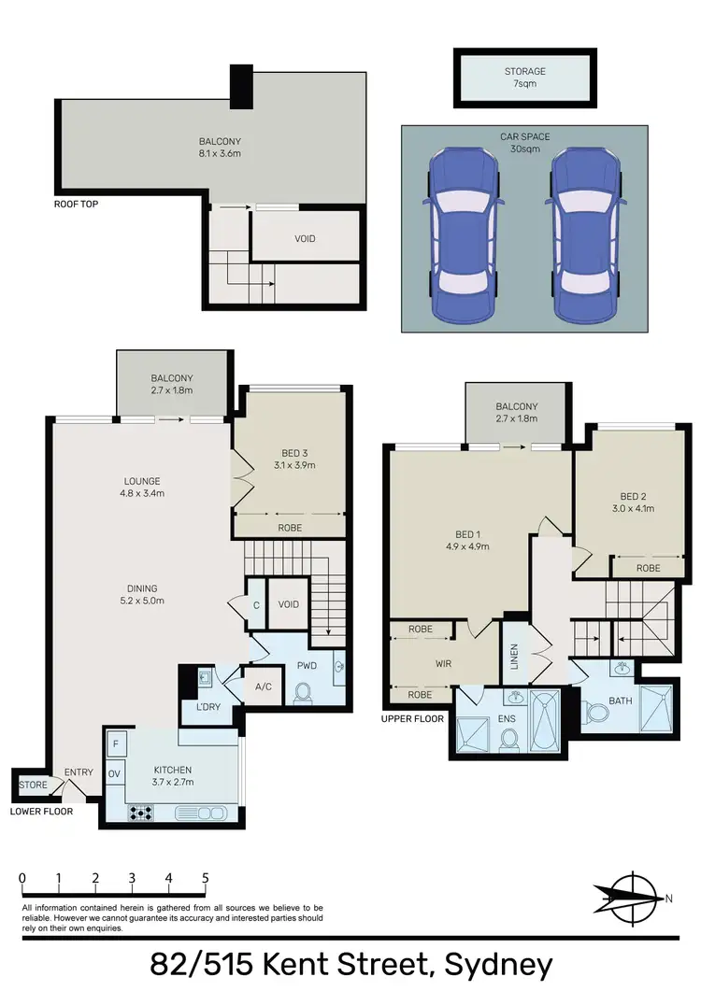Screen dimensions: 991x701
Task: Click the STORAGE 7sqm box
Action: (x=524, y=78)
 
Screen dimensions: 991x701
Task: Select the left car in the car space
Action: (x=460, y=235)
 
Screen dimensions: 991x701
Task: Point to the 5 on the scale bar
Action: (x=205, y=878)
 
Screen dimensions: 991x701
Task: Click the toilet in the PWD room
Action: (x=303, y=693)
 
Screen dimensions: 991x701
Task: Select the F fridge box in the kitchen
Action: (x=115, y=745)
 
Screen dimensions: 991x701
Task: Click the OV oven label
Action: (x=115, y=773)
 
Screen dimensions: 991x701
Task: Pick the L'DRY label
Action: (x=207, y=706)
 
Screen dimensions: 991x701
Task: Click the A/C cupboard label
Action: (x=263, y=687)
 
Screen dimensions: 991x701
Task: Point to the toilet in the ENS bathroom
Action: (x=509, y=739)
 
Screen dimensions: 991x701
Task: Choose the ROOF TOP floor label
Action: (x=77, y=203)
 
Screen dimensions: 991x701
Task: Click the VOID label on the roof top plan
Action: (x=305, y=238)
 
